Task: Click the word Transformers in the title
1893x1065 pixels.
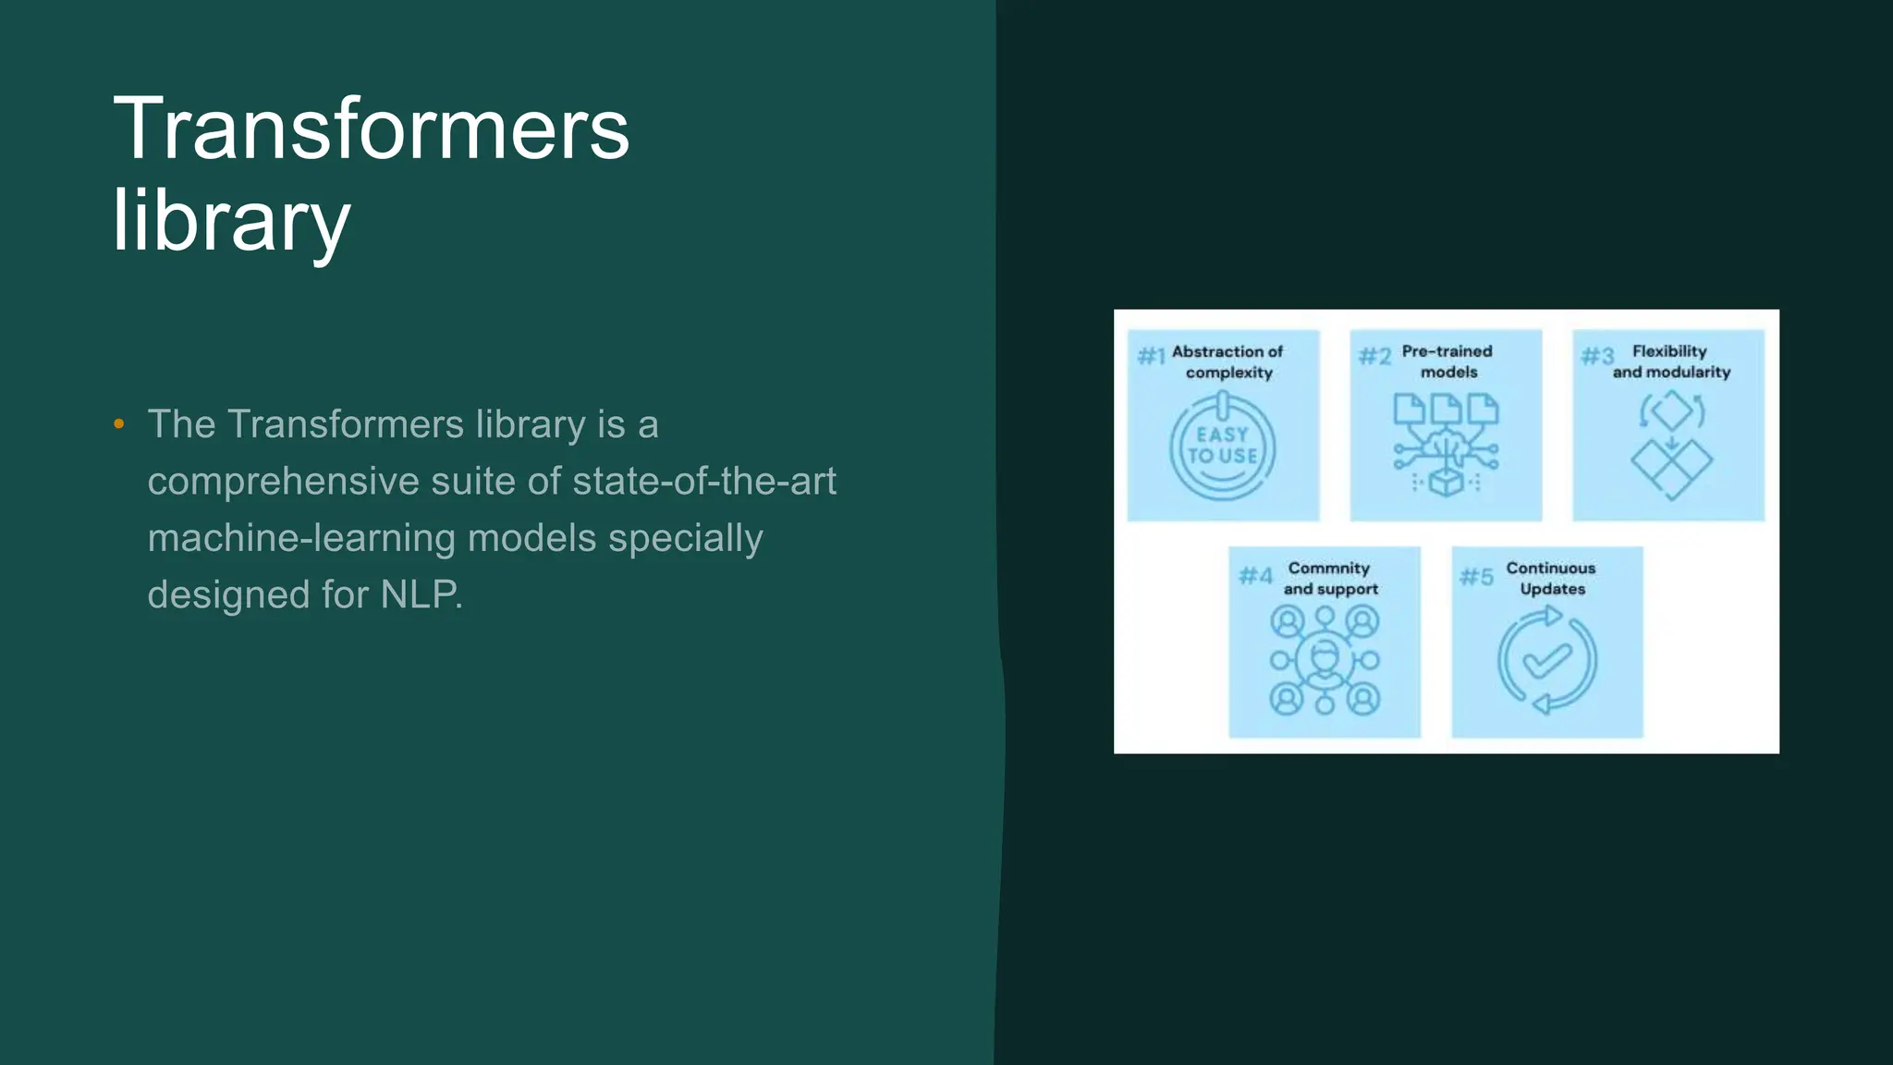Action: point(371,129)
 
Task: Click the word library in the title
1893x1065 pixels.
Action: point(231,221)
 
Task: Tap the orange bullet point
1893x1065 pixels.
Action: point(118,424)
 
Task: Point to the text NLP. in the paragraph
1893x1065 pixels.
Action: point(421,594)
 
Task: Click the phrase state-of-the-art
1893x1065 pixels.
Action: point(703,481)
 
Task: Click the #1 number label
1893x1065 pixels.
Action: point(1151,356)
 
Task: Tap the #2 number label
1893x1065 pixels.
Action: point(1374,356)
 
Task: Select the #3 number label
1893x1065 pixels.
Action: point(1597,356)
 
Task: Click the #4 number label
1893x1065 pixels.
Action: point(1255,576)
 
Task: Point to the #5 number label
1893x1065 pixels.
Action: point(1476,577)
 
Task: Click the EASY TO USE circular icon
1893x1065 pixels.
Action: point(1222,447)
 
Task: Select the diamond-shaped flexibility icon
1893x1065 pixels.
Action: point(1671,446)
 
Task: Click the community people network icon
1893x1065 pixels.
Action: point(1325,661)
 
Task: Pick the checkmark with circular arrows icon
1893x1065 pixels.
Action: point(1546,661)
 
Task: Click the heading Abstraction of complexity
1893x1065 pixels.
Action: point(1228,361)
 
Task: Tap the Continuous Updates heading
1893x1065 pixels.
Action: point(1551,578)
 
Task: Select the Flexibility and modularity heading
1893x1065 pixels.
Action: point(1671,361)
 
